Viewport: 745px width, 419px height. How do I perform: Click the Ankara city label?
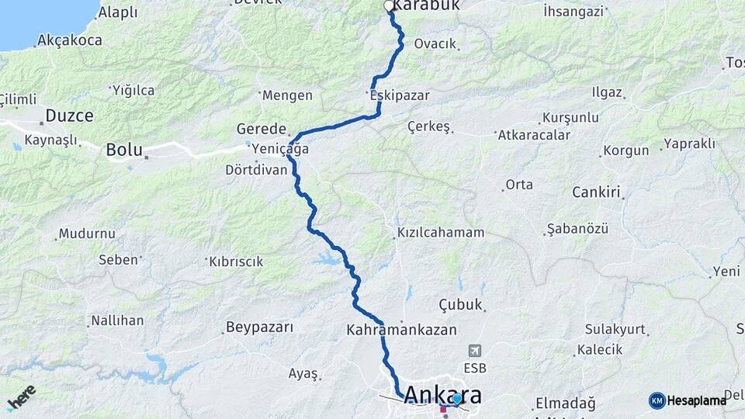pyautogui.click(x=442, y=394)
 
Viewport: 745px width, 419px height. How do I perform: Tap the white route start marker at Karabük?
pyautogui.click(x=389, y=6)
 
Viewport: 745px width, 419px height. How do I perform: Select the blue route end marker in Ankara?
pyautogui.click(x=457, y=399)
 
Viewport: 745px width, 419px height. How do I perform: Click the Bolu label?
pyautogui.click(x=124, y=149)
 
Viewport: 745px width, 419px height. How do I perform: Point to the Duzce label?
pyautogui.click(x=69, y=116)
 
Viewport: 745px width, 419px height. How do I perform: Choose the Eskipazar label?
pyautogui.click(x=399, y=95)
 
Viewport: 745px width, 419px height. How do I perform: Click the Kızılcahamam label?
pyautogui.click(x=441, y=232)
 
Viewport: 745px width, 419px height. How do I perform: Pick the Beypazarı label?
pyautogui.click(x=259, y=327)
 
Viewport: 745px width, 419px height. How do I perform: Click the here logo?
pyautogui.click(x=21, y=398)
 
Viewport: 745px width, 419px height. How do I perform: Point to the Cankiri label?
pyautogui.click(x=597, y=192)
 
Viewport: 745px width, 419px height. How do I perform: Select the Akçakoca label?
pyautogui.click(x=70, y=40)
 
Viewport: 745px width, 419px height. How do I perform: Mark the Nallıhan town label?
pyautogui.click(x=117, y=320)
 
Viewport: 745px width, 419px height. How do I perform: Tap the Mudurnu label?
pyautogui.click(x=87, y=233)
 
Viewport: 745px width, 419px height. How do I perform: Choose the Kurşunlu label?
pyautogui.click(x=570, y=117)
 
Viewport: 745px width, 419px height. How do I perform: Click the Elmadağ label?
pyautogui.click(x=565, y=403)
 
